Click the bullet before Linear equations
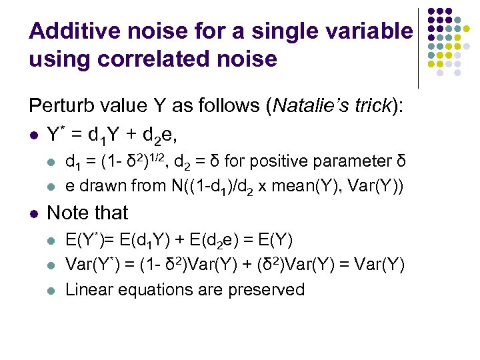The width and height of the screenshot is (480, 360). pos(53,290)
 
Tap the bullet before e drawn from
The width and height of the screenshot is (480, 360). pos(53,185)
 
